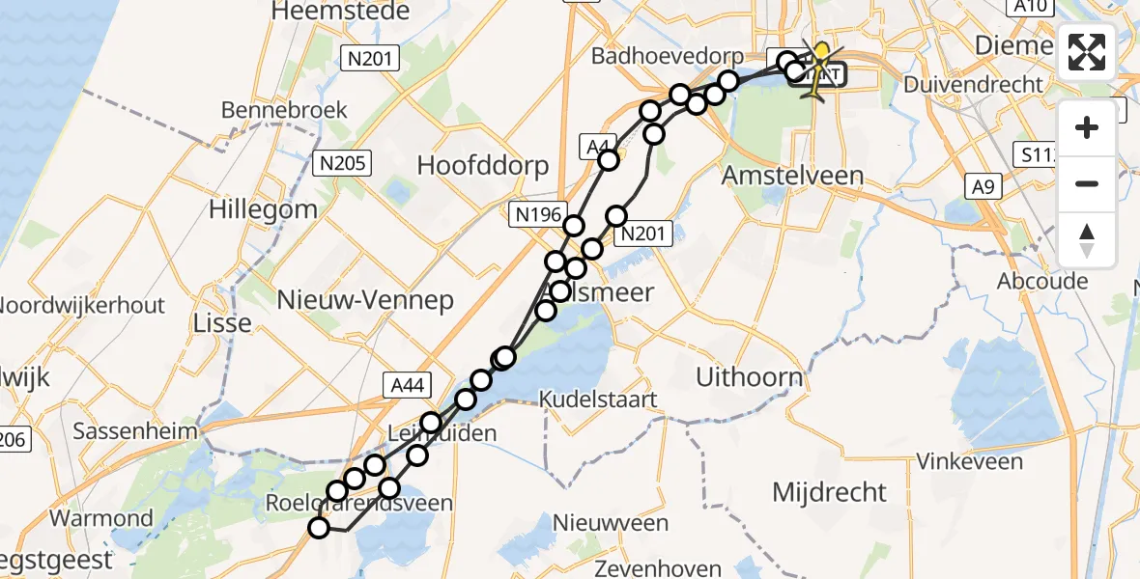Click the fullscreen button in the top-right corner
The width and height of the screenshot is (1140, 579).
click(1087, 52)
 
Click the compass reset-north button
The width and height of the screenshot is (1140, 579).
click(1087, 240)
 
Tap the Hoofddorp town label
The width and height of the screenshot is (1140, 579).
click(482, 165)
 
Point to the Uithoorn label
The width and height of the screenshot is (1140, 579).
click(749, 377)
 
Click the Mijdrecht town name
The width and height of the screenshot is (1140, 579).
click(829, 493)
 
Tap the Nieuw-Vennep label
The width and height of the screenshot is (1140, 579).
click(364, 301)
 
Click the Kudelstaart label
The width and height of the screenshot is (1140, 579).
click(598, 400)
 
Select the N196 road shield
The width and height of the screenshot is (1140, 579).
click(537, 215)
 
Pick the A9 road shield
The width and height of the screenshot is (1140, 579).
click(983, 186)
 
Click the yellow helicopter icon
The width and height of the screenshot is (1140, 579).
click(818, 68)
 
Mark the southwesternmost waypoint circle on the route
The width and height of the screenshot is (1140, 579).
click(319, 527)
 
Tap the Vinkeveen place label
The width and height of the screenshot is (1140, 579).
click(968, 462)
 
